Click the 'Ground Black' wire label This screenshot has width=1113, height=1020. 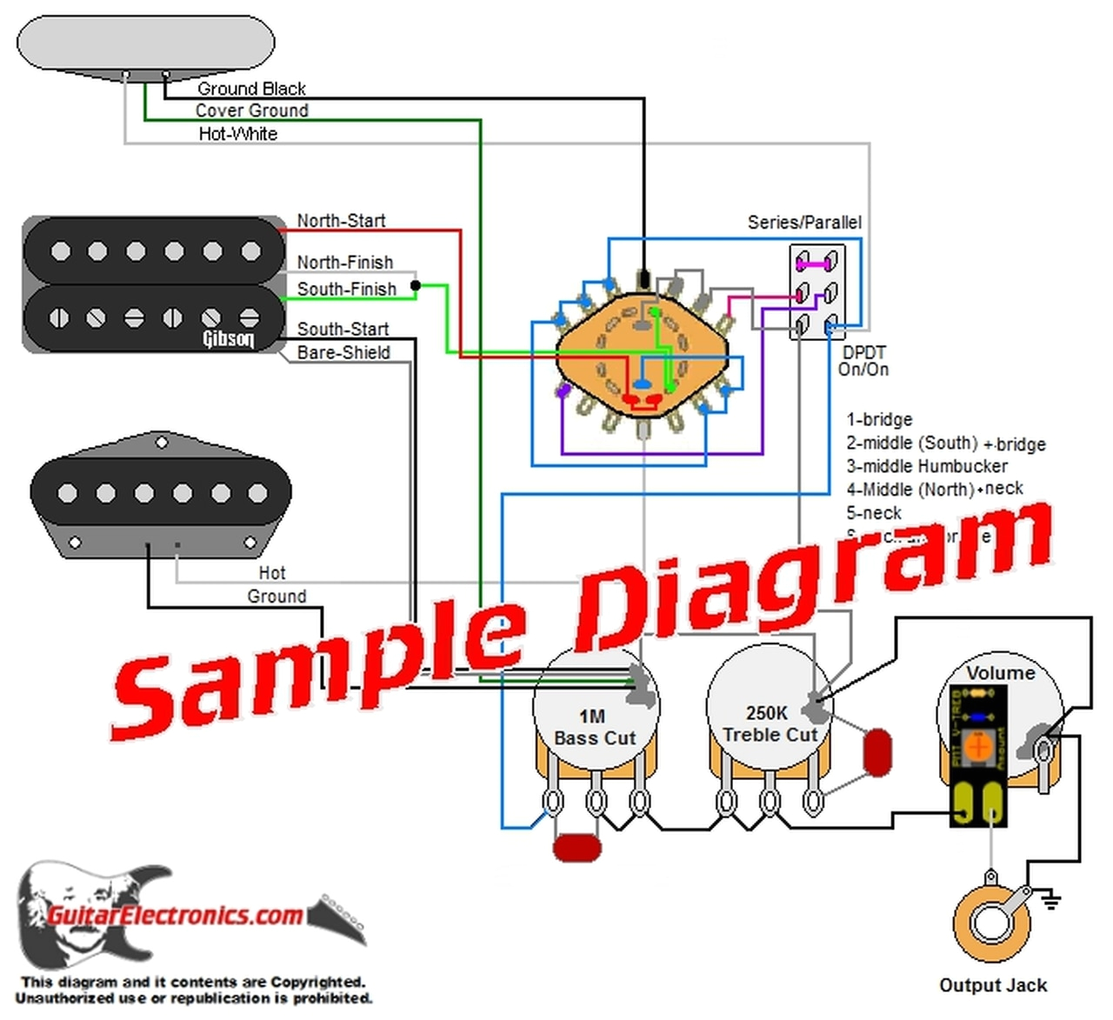(x=251, y=89)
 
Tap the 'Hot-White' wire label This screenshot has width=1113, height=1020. (x=237, y=134)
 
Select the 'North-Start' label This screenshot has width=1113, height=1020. (x=341, y=221)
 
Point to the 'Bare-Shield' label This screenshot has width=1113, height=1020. (x=343, y=352)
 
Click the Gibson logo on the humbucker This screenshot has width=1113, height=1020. (x=229, y=337)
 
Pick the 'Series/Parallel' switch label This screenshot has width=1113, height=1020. (x=804, y=223)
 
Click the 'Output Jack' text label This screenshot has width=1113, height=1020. (x=993, y=985)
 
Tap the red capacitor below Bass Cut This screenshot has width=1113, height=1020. (x=577, y=848)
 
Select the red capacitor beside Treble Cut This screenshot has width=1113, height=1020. (x=876, y=750)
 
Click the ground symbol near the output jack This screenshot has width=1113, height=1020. (x=1051, y=900)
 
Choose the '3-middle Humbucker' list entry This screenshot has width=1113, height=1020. (x=927, y=466)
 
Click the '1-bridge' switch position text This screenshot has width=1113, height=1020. (x=879, y=419)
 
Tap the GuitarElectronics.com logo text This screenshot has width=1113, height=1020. (x=174, y=915)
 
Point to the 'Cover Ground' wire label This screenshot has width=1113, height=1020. (x=251, y=111)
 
